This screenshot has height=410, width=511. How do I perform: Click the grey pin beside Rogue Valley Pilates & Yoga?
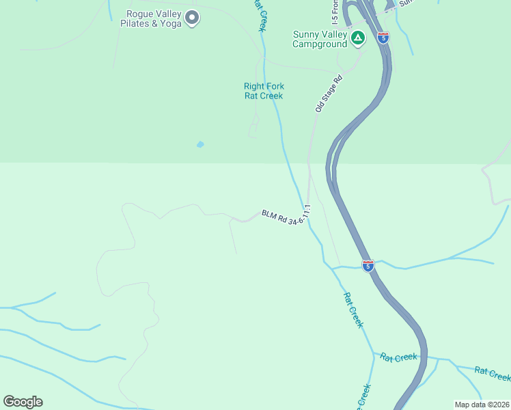[x=192, y=18]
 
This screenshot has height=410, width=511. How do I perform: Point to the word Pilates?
[x=135, y=24]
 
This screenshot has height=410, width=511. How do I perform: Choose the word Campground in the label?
[x=320, y=44]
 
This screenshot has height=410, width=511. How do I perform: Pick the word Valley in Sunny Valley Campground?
[x=335, y=34]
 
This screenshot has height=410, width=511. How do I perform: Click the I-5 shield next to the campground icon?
[x=383, y=38]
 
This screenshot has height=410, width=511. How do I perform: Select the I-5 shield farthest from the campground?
[x=368, y=265]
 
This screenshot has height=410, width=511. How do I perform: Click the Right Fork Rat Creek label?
[x=264, y=91]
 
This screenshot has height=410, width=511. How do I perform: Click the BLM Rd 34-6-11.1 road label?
[x=286, y=217]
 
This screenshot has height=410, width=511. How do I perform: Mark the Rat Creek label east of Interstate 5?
[x=493, y=373]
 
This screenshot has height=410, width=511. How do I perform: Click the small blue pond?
[x=199, y=145]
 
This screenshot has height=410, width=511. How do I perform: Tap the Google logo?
[x=23, y=402]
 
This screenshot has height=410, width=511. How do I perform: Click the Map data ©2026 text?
[x=482, y=405]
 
